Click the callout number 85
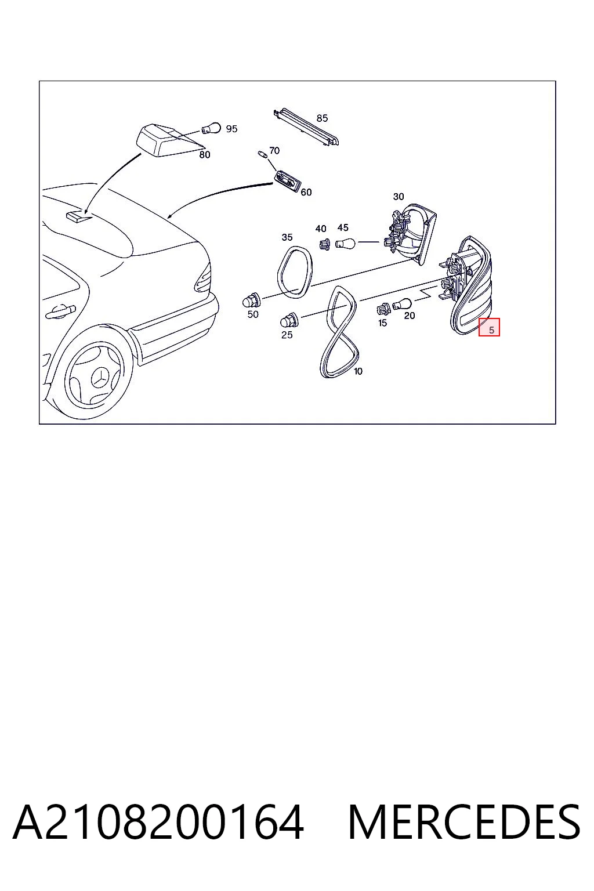[322, 118]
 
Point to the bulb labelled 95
[211, 128]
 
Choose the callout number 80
[205, 155]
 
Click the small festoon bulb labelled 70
[263, 154]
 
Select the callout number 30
[399, 197]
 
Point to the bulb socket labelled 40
[325, 244]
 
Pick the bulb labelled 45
[345, 242]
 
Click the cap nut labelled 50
[251, 299]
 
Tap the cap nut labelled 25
[289, 320]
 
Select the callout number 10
[358, 371]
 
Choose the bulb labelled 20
[402, 305]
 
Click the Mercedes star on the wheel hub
[99, 376]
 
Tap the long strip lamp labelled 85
[306, 127]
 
